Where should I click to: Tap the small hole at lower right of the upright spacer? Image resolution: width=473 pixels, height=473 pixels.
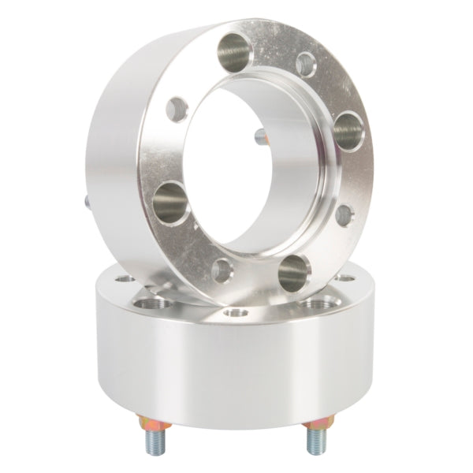[344, 214]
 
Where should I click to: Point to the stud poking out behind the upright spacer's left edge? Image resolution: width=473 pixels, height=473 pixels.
[85, 200]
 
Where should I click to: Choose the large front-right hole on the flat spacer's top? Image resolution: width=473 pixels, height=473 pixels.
[318, 301]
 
